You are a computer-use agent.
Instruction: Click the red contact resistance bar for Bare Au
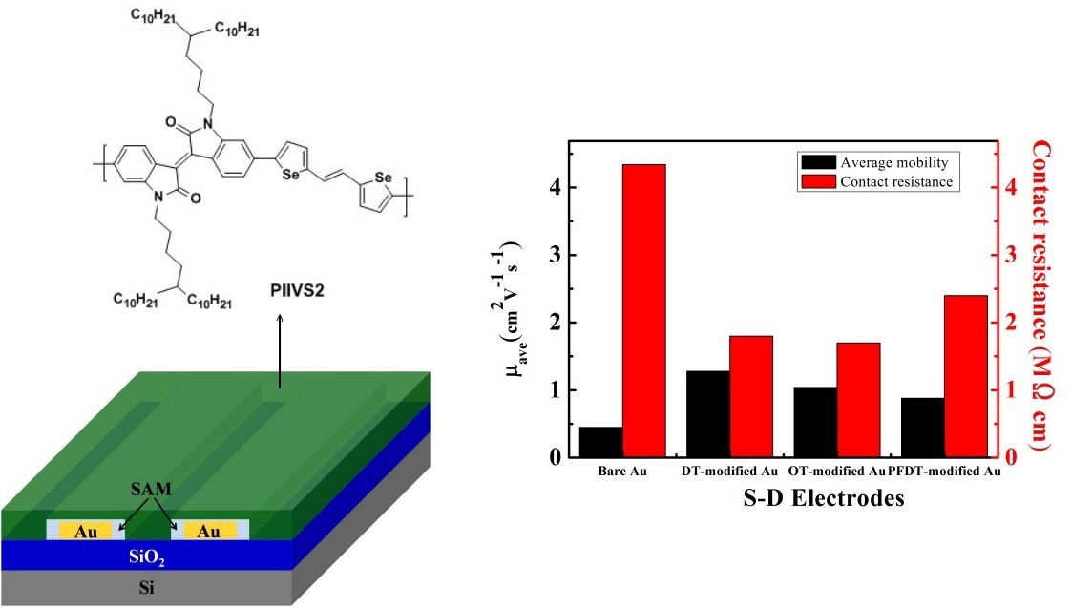click(644, 310)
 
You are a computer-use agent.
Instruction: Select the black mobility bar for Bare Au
click(600, 442)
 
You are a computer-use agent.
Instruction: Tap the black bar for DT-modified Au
click(707, 414)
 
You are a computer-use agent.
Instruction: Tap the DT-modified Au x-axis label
click(729, 472)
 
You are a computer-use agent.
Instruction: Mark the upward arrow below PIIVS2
click(279, 353)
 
